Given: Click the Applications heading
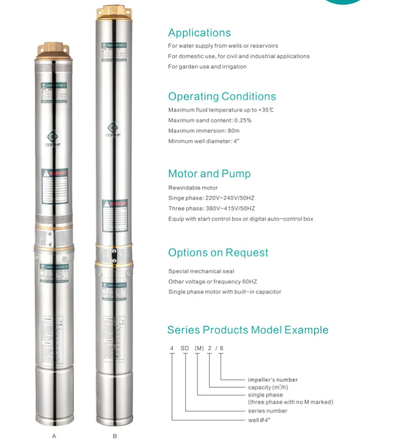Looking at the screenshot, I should click(x=199, y=33).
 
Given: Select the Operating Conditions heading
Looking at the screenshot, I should click(x=222, y=97).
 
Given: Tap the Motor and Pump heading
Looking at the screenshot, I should click(x=209, y=173).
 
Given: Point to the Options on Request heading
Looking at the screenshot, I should click(x=218, y=252).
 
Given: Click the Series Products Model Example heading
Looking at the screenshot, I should click(x=247, y=330).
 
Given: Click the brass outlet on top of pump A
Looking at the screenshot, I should click(x=54, y=50).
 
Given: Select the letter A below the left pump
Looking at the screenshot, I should click(x=54, y=436).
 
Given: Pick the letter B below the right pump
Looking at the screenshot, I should click(x=114, y=436).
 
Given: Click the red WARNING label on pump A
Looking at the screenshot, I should click(x=54, y=173).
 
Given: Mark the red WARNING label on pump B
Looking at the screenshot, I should click(x=114, y=203).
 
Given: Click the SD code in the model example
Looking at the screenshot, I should click(x=185, y=348).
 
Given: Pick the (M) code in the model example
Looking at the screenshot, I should click(x=199, y=348).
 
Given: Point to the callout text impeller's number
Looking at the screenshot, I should click(x=272, y=380).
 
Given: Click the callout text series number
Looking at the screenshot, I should click(x=267, y=411).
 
